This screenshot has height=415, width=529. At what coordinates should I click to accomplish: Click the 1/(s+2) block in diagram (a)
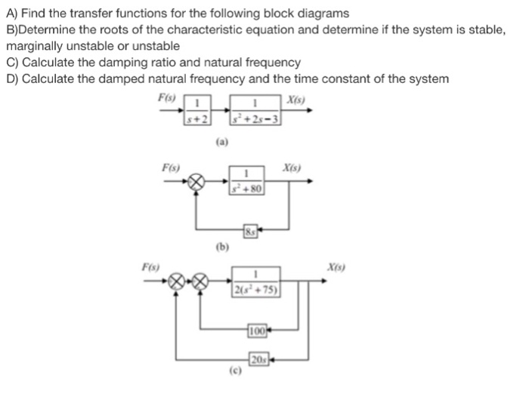pos(197,110)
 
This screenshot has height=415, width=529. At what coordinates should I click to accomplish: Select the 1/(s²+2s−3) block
pos(257,110)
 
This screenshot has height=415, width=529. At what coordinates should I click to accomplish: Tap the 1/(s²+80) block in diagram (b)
pos(247,183)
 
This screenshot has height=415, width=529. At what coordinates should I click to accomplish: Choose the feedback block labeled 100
pos(256,329)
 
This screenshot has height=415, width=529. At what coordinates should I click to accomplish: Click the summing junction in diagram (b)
pos(196,182)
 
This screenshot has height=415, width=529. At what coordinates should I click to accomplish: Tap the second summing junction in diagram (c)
pos(199,284)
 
